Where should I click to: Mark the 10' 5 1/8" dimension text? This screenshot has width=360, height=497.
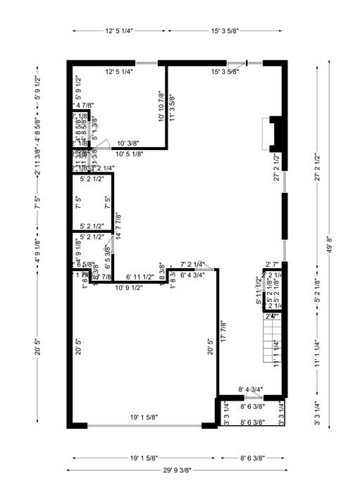pos(129,153)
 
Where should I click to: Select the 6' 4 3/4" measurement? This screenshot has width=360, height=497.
pos(192,275)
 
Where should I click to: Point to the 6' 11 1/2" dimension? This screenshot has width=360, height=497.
pos(139,277)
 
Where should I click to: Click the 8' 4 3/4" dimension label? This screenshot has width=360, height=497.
pos(251,389)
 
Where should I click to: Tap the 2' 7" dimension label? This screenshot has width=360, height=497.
pos(273,265)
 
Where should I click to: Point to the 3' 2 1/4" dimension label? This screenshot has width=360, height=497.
pos(101,168)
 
